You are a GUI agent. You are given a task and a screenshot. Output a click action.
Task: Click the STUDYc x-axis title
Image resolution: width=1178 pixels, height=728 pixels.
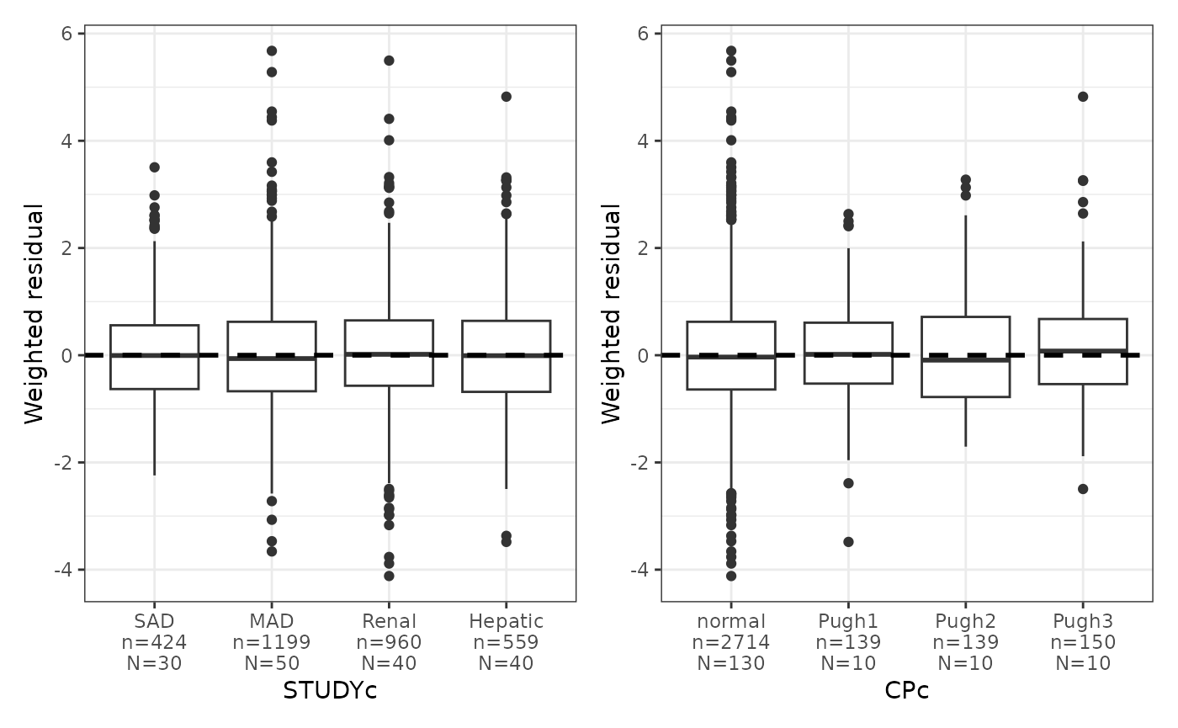(x=330, y=690)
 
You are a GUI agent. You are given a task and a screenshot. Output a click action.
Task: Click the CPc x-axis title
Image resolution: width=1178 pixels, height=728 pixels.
(x=906, y=690)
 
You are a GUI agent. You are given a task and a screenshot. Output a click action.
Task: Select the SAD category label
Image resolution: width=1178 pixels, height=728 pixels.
(x=154, y=621)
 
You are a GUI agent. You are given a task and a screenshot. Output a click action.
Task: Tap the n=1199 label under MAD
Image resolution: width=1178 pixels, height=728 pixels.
(x=271, y=642)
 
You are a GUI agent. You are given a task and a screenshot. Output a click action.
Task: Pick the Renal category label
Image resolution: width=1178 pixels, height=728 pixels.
(x=389, y=621)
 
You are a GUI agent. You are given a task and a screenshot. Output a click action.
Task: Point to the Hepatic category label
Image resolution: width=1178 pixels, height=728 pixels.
(x=506, y=621)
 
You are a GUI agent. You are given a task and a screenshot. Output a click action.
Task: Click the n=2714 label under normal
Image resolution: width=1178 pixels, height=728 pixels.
(x=730, y=642)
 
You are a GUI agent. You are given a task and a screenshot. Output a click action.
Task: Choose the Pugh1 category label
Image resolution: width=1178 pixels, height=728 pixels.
(x=848, y=621)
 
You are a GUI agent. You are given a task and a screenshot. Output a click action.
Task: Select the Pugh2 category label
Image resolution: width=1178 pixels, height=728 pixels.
(x=965, y=621)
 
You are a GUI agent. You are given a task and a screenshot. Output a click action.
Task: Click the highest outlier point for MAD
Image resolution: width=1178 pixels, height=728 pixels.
(x=272, y=50)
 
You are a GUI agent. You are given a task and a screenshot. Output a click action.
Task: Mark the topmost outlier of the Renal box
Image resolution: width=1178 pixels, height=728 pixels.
(x=389, y=61)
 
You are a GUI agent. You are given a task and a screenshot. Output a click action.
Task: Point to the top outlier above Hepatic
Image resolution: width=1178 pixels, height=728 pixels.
(x=507, y=97)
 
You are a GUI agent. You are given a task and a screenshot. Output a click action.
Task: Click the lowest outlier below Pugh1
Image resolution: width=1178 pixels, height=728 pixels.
(x=848, y=542)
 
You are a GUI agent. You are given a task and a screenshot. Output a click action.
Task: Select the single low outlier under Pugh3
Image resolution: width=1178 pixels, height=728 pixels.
(x=1083, y=489)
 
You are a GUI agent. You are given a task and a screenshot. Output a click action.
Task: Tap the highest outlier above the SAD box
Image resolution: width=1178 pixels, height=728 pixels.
(x=154, y=167)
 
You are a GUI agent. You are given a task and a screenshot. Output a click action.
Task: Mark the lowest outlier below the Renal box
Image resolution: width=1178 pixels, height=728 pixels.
(x=389, y=576)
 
